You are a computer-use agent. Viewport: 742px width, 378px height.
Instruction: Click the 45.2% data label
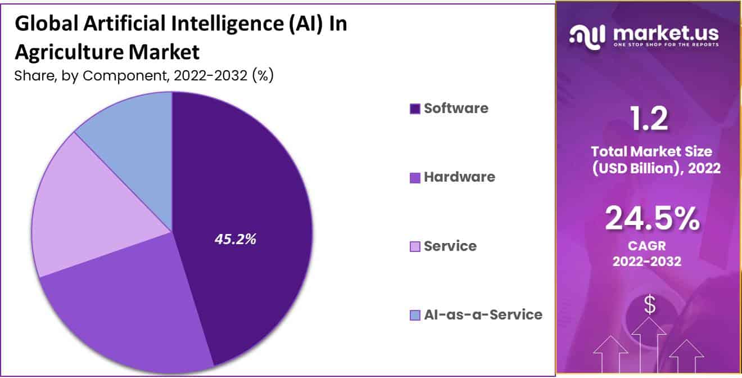[235, 239]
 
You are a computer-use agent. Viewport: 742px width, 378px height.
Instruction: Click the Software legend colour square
[415, 109]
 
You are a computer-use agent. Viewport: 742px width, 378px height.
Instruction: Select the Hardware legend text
[459, 177]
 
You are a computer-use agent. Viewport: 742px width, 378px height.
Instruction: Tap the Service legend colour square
[415, 246]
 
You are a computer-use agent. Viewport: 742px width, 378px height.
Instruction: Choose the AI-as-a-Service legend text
[483, 314]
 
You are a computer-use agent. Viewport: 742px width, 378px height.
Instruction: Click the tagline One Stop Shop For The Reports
[666, 44]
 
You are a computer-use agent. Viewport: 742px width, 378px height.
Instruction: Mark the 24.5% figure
[652, 219]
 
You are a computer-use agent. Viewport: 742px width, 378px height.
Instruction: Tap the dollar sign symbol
[650, 305]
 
